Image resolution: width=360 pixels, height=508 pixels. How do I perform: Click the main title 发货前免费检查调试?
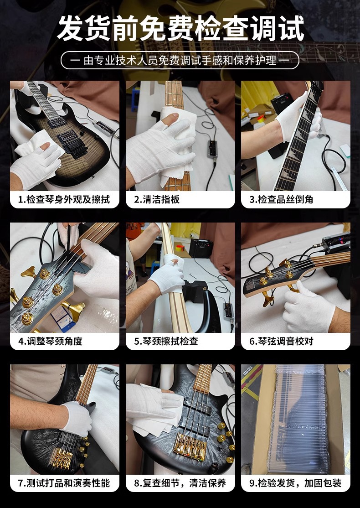point(180,29)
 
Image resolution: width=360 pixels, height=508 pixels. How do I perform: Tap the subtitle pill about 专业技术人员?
point(180,60)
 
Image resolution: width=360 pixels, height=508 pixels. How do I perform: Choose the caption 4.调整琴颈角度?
point(51,341)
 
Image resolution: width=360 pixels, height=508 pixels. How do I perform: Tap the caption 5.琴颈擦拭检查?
point(166,341)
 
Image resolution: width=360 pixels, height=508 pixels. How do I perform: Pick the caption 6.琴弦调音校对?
point(281,341)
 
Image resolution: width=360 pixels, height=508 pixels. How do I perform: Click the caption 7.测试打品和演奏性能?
point(64,483)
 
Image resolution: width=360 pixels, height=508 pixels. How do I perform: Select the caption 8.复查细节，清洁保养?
point(180,483)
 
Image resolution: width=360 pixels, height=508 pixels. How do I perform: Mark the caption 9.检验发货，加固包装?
point(295,483)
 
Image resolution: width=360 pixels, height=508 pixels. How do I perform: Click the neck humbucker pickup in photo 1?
point(57,122)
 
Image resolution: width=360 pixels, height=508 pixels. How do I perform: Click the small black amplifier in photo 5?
point(201,249)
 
